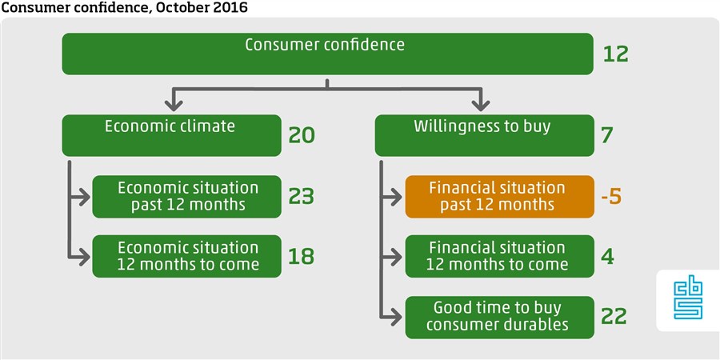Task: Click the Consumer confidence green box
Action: [x=327, y=54]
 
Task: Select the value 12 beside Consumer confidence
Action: [x=615, y=54]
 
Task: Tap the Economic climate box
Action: [x=171, y=135]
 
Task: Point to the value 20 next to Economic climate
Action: [x=302, y=135]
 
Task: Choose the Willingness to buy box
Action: [x=484, y=135]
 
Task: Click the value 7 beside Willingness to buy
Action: [x=607, y=135]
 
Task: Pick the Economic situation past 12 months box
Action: [x=186, y=197]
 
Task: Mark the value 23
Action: [x=302, y=197]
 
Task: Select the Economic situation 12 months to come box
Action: [x=186, y=256]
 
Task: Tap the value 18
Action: [x=302, y=256]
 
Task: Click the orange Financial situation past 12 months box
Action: [x=499, y=197]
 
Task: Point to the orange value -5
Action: [x=611, y=197]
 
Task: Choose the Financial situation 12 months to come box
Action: [x=499, y=256]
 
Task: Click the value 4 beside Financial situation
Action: [x=607, y=256]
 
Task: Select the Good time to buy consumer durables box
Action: [x=499, y=318]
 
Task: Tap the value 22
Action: [x=614, y=316]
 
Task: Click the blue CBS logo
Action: [x=688, y=300]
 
